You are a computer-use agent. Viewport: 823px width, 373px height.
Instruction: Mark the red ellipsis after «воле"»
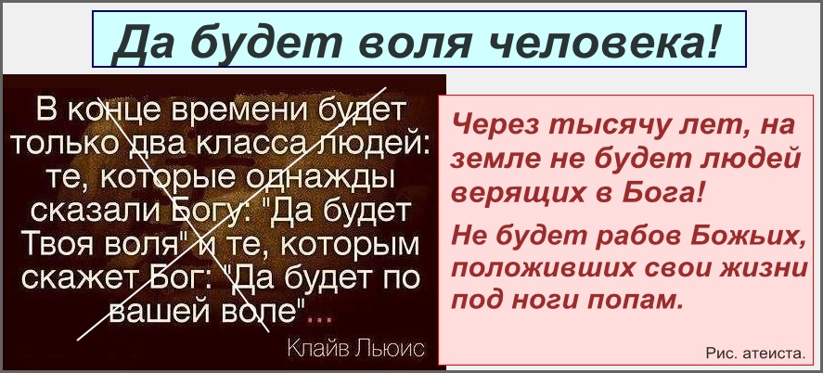(x=321, y=319)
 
